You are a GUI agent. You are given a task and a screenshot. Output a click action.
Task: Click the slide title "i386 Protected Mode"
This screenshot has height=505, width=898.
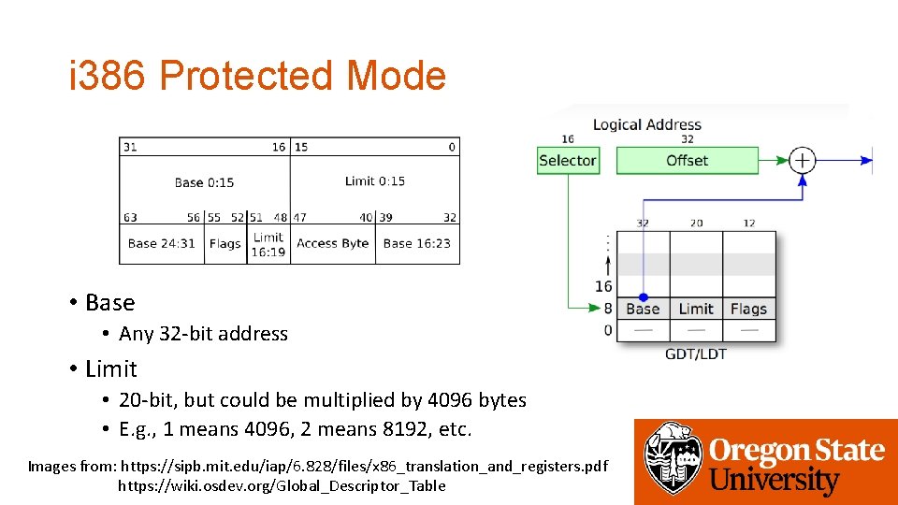(x=257, y=76)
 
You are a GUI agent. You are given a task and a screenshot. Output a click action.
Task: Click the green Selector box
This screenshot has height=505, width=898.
(x=567, y=161)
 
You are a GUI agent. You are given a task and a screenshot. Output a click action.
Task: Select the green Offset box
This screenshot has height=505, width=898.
(x=687, y=161)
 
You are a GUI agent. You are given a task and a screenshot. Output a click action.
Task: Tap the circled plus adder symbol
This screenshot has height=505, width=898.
(x=803, y=161)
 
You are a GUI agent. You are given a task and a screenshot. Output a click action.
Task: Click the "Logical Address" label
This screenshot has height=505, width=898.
(x=646, y=125)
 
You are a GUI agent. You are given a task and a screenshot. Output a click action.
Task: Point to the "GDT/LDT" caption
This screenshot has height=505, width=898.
(x=695, y=353)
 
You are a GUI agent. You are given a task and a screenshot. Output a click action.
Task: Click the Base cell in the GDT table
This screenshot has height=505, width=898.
(x=643, y=309)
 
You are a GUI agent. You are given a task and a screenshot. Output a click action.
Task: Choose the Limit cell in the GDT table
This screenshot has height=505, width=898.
(x=696, y=309)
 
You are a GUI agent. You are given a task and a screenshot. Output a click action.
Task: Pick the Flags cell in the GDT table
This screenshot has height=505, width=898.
(x=748, y=309)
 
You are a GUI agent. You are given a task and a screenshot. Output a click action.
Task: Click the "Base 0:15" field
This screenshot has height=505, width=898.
(x=204, y=182)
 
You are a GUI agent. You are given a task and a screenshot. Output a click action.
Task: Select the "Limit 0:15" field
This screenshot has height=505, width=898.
(x=375, y=181)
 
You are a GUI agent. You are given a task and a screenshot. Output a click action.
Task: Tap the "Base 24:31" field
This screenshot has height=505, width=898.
(x=162, y=244)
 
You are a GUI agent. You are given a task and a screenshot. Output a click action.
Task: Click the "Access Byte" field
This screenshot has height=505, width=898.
(x=332, y=244)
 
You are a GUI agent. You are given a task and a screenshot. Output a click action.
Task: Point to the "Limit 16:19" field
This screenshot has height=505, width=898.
(x=268, y=244)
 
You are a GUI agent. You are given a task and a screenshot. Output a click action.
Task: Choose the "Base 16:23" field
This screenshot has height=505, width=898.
(x=416, y=244)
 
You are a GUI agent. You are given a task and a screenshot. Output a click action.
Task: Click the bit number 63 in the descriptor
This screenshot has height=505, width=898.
(x=130, y=218)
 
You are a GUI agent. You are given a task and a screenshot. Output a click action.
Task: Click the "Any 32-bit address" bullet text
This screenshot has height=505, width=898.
(x=203, y=334)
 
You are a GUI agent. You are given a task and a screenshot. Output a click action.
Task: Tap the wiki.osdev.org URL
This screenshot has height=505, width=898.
(x=282, y=485)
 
